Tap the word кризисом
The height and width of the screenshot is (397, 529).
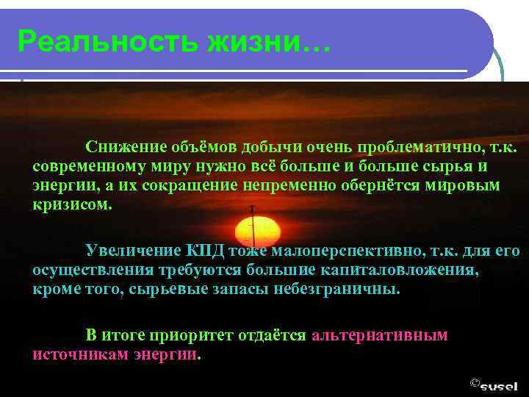click(73, 204)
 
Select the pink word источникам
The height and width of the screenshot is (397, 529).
click(81, 354)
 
